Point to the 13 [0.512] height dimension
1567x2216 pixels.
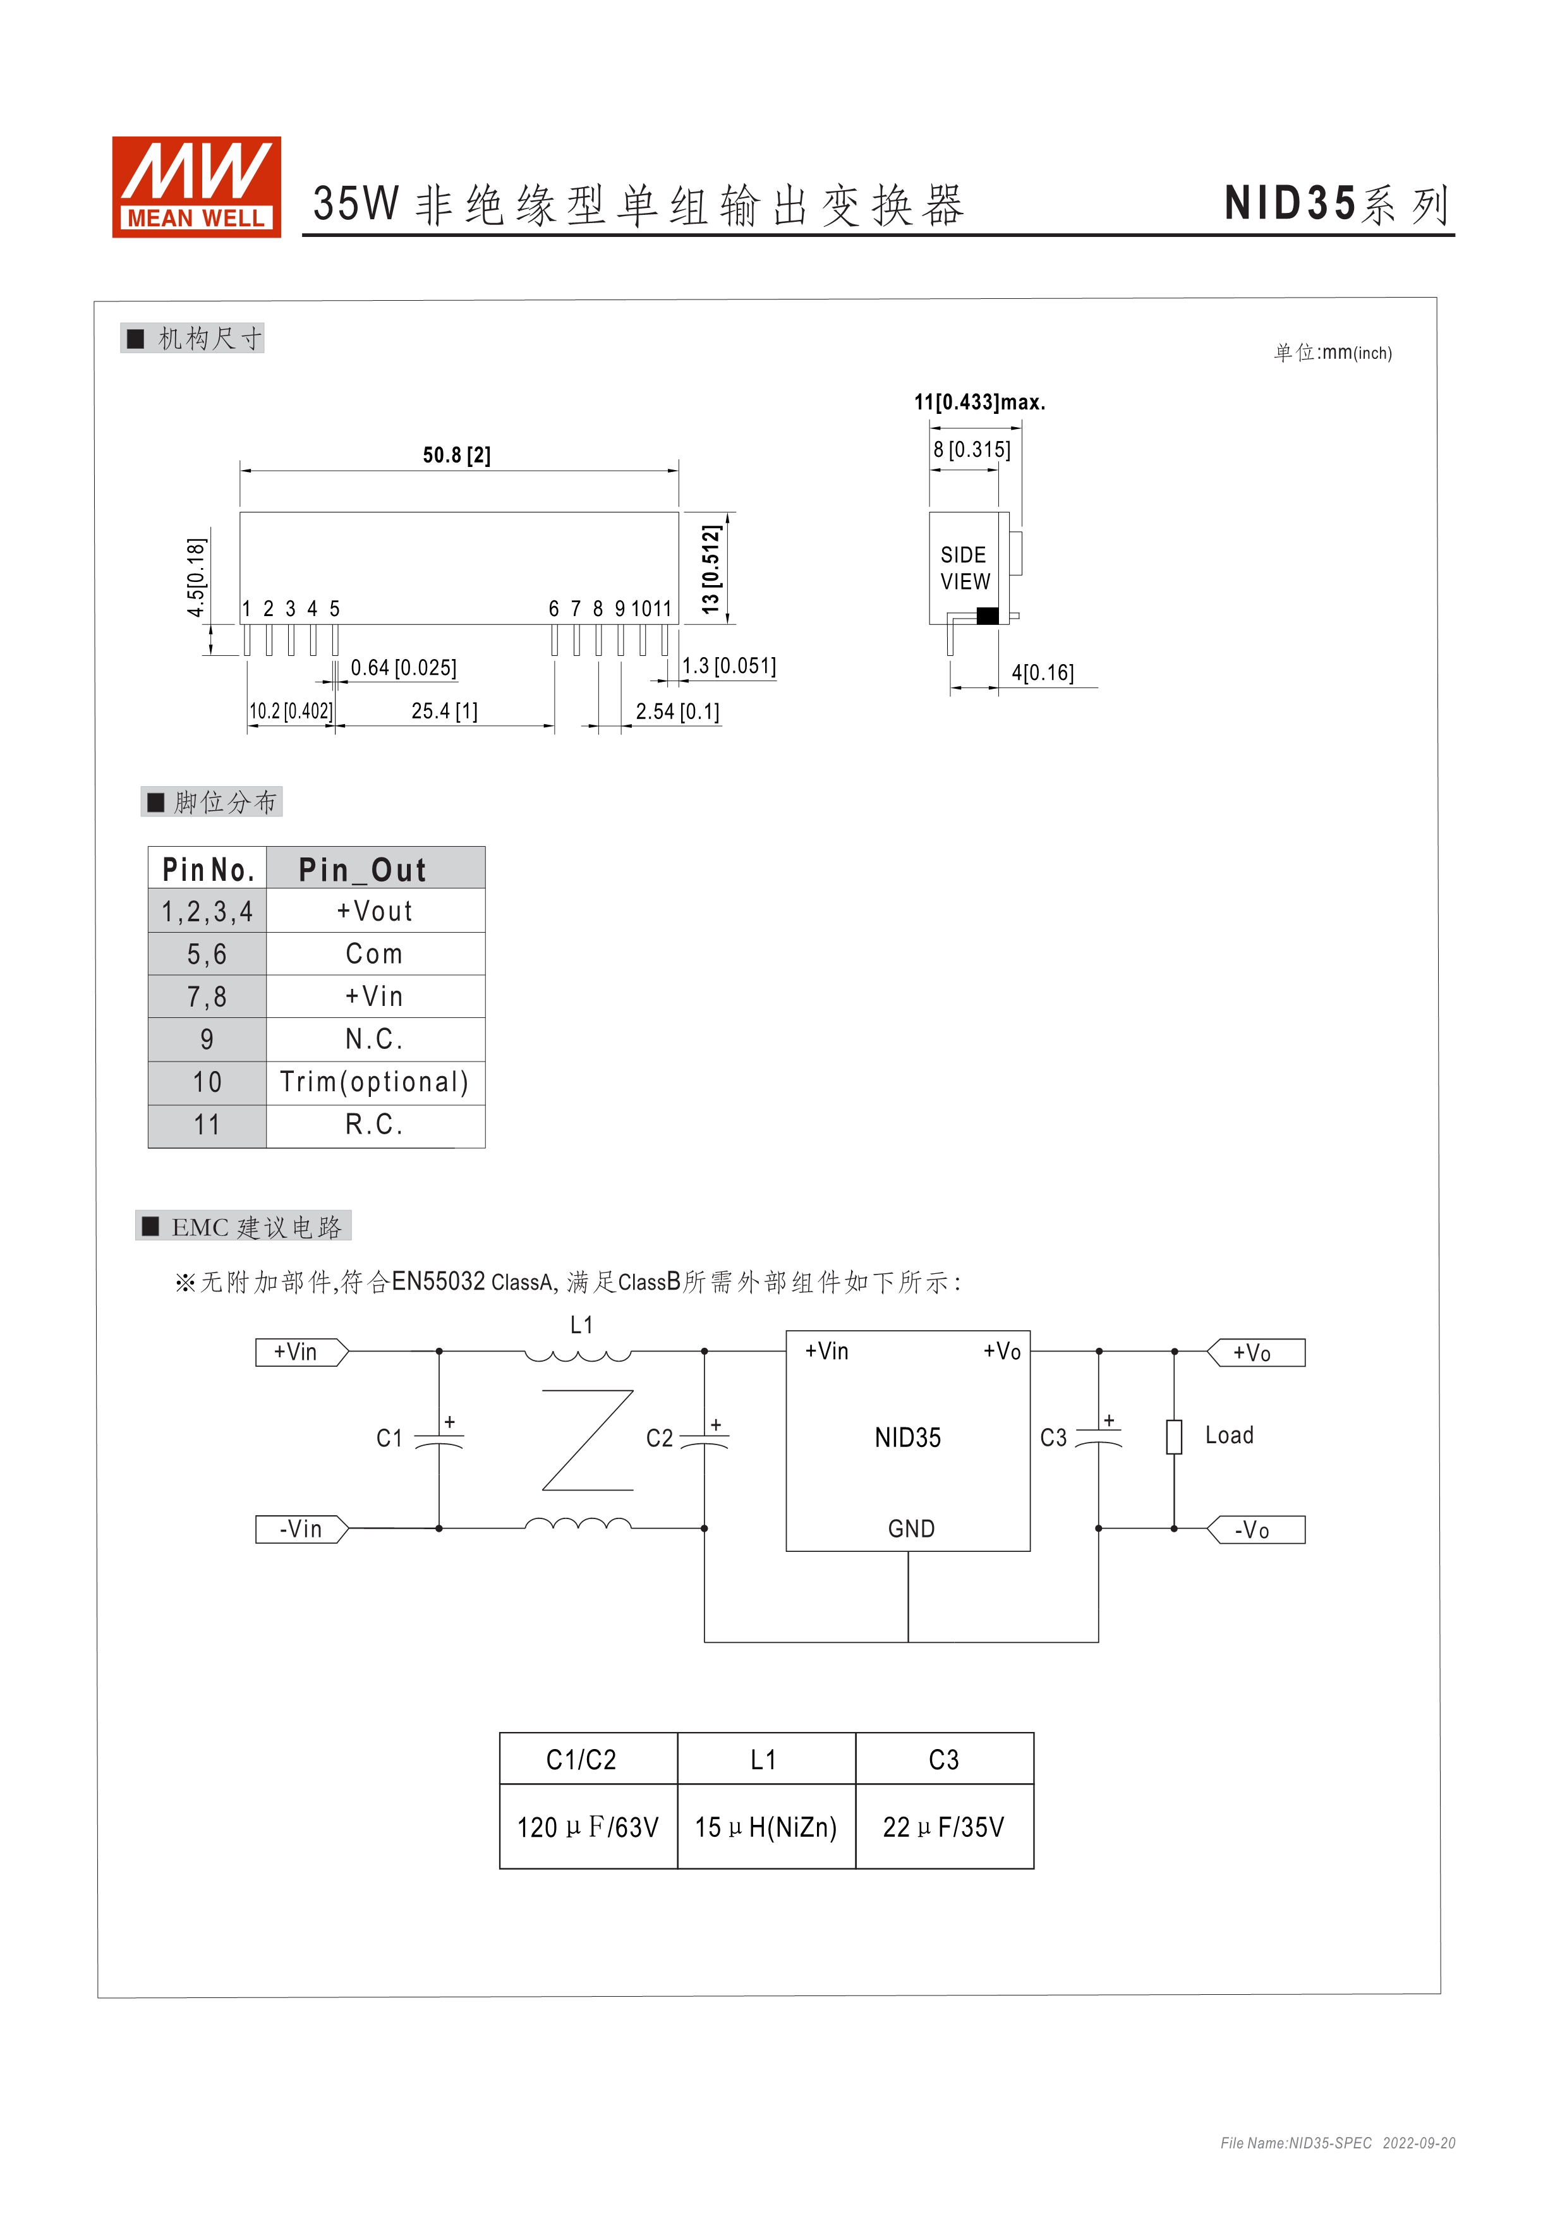click(711, 569)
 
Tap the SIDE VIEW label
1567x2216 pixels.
click(964, 569)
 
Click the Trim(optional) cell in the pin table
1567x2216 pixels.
click(375, 1082)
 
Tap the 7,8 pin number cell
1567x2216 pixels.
click(207, 997)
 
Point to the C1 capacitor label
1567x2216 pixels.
click(389, 1439)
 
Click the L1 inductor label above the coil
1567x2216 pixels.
click(581, 1325)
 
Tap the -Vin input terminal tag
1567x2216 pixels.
click(301, 1530)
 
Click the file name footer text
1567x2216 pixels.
click(1338, 2143)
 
